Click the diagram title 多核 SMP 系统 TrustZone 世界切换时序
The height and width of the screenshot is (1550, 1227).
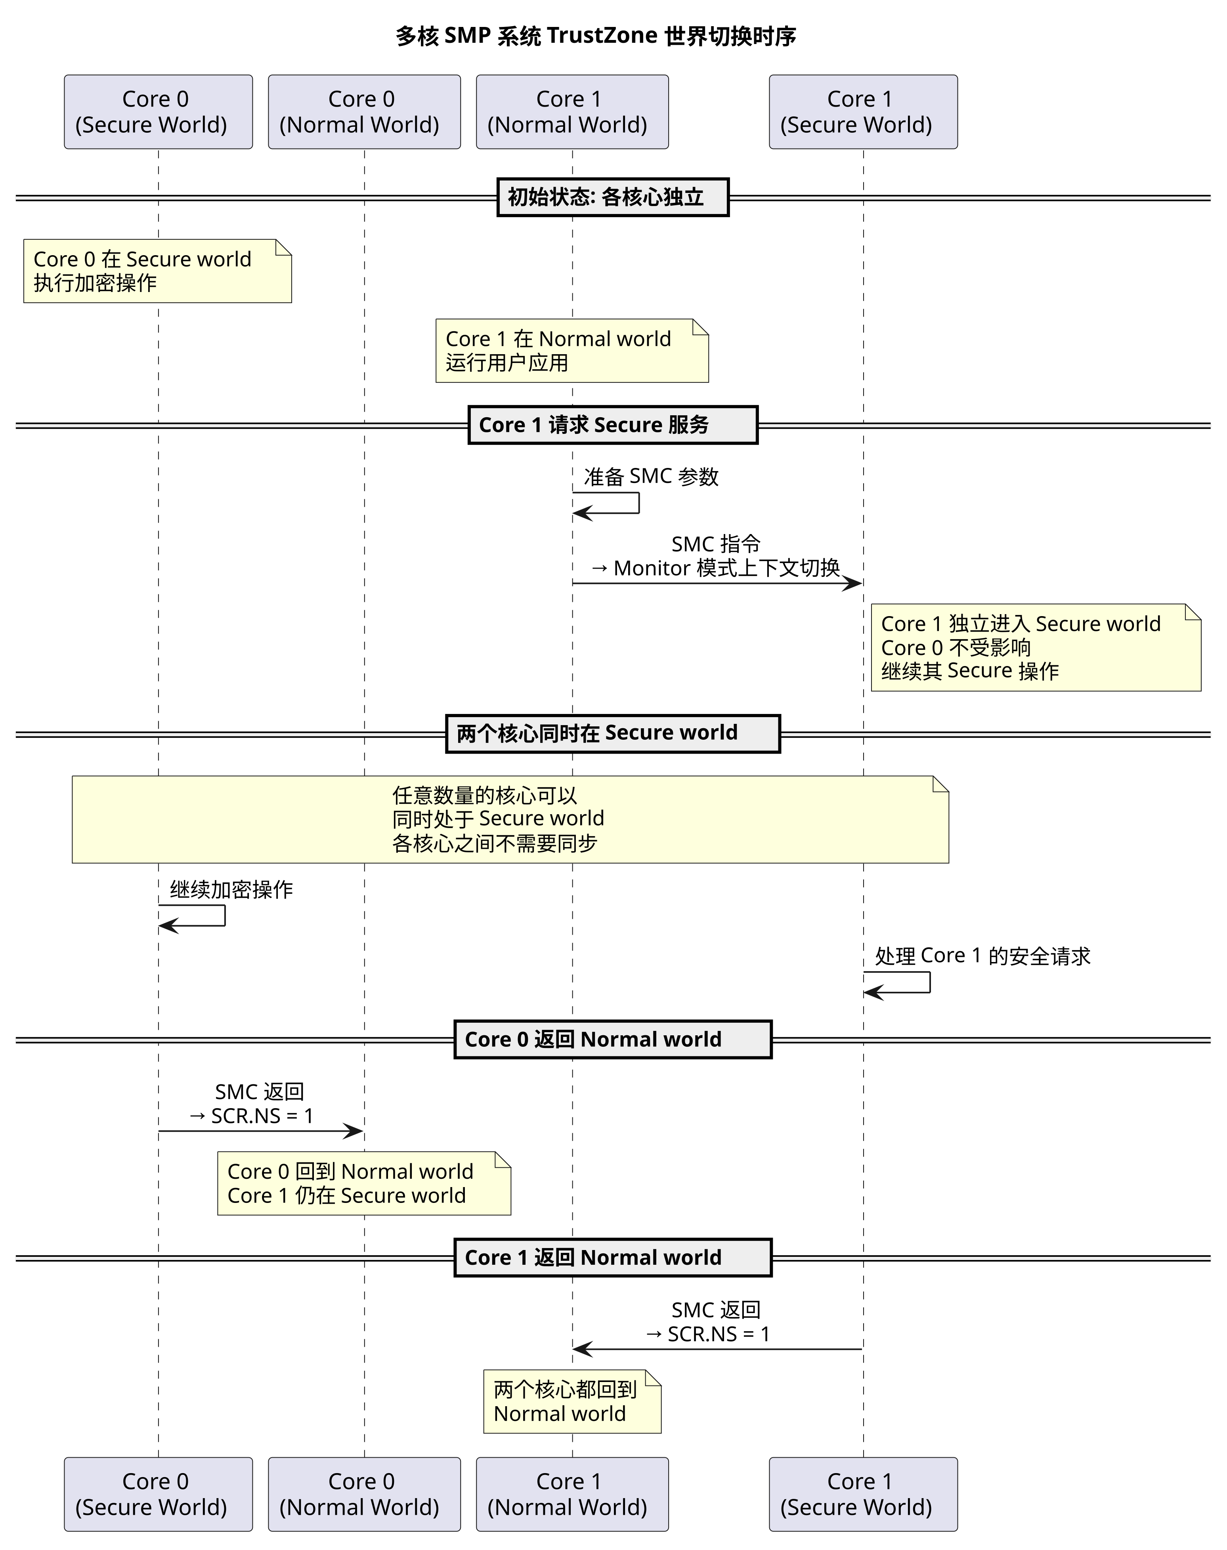click(x=596, y=36)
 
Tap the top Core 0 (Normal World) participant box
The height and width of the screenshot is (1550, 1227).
click(x=364, y=112)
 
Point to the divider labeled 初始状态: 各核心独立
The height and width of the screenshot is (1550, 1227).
click(x=613, y=198)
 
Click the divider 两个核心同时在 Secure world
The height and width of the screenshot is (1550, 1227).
click(x=613, y=733)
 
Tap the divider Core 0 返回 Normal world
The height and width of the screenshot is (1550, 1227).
click(x=613, y=1039)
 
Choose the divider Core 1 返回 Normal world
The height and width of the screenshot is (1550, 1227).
click(x=613, y=1258)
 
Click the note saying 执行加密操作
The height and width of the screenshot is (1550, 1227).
click(x=157, y=271)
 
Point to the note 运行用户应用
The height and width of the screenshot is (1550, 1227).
click(x=572, y=351)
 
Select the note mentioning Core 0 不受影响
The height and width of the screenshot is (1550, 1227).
click(x=1036, y=647)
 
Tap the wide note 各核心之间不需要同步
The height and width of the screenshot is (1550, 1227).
click(x=510, y=819)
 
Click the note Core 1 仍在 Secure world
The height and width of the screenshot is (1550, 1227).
click(x=364, y=1183)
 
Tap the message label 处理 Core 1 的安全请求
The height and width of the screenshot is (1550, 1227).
click(x=983, y=956)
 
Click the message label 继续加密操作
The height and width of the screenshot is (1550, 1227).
click(x=231, y=890)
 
